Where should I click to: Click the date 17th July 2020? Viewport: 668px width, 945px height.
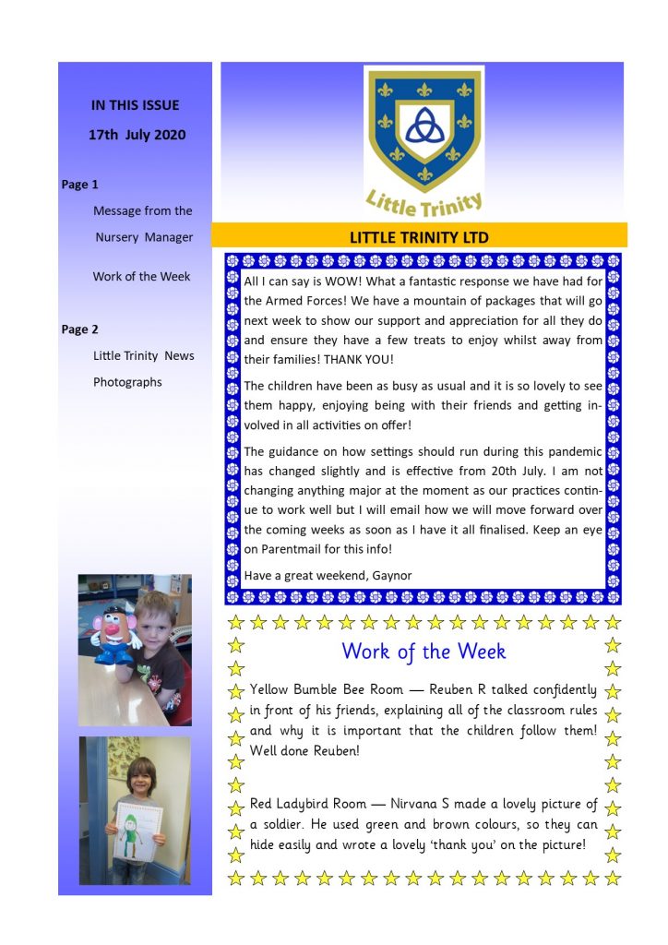(137, 135)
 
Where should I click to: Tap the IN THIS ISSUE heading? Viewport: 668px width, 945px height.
(136, 105)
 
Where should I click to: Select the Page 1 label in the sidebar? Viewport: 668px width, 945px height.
(80, 185)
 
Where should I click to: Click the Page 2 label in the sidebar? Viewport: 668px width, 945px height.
(80, 329)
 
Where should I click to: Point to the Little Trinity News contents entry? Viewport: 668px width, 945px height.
(143, 355)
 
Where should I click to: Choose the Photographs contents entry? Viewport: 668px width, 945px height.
(127, 382)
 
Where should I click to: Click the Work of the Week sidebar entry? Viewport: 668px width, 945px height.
(141, 276)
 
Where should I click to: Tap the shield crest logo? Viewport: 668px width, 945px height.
(423, 128)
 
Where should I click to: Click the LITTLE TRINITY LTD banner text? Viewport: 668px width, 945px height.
(419, 237)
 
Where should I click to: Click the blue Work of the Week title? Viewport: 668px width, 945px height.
(423, 651)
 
